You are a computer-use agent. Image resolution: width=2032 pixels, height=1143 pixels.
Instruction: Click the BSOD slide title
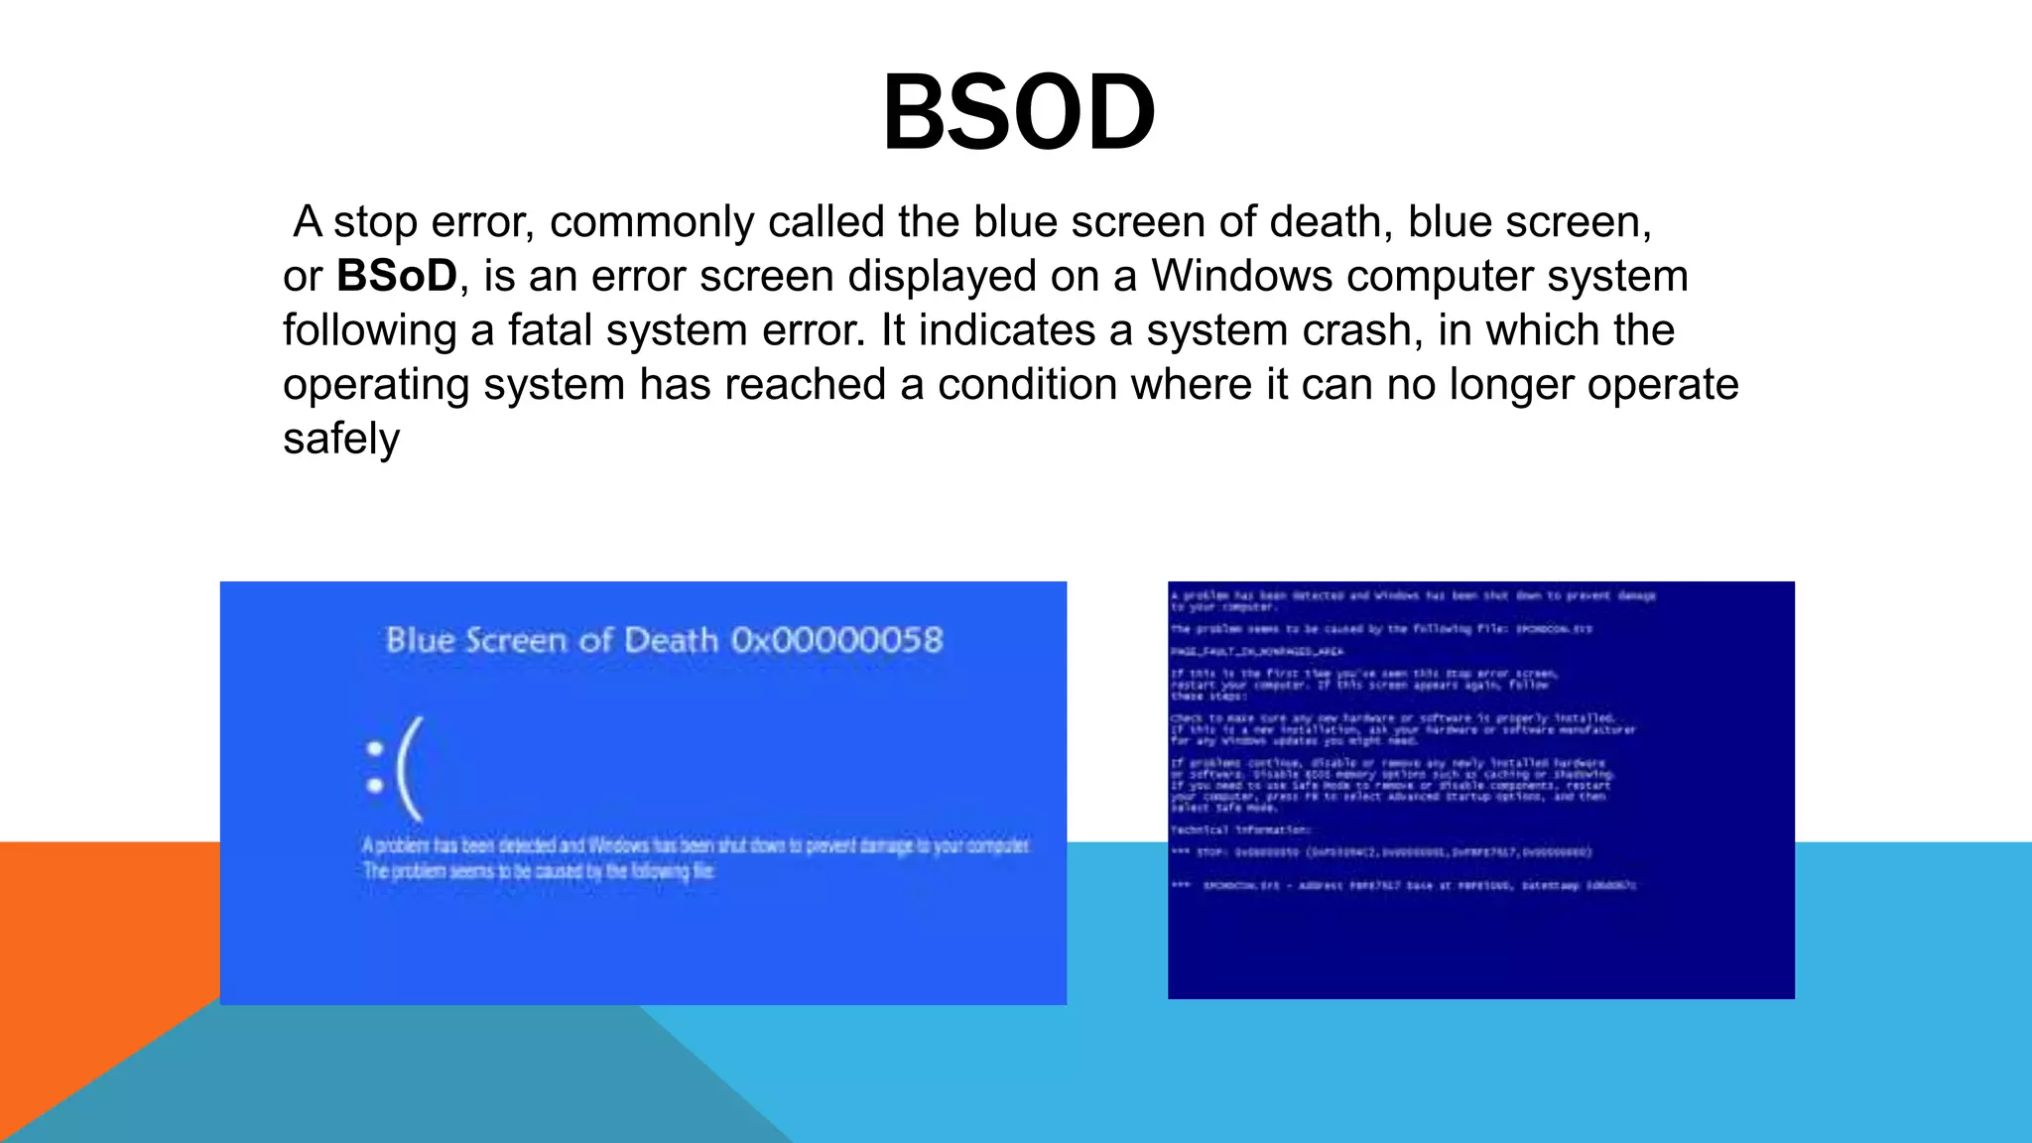tap(1018, 113)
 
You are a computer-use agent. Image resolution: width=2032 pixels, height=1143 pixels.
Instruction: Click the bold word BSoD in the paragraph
tap(396, 276)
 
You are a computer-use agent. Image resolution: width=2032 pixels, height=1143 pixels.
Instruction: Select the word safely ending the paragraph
tap(340, 439)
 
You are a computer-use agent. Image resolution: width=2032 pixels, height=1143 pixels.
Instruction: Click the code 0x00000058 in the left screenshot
tap(836, 640)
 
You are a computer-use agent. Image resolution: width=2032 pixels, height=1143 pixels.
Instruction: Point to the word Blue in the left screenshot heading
tap(420, 640)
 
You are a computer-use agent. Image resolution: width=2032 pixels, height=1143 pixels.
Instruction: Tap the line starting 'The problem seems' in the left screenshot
tap(539, 871)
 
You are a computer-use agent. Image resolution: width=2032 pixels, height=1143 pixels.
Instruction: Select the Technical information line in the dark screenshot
tap(1240, 829)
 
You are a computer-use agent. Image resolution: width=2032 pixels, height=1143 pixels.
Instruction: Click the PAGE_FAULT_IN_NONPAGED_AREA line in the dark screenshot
tap(1256, 652)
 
